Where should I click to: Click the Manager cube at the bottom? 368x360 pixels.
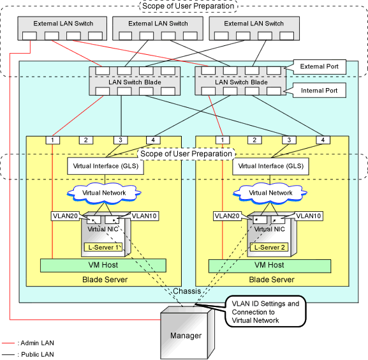point(188,333)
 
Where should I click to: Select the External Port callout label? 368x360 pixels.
point(319,66)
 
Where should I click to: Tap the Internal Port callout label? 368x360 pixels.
point(319,91)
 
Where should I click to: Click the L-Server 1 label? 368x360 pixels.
point(103,247)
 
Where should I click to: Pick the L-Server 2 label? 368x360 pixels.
point(269,247)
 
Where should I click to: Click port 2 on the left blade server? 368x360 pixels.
point(86,140)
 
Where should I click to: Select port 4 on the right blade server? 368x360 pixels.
point(323,140)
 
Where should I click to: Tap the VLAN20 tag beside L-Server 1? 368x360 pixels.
point(65,216)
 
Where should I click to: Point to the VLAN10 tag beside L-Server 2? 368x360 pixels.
point(309,216)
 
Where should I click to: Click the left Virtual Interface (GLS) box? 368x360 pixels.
point(105,166)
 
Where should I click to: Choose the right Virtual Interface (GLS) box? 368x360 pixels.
point(270,166)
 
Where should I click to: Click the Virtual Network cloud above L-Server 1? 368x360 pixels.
point(104,193)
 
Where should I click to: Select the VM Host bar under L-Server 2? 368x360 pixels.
point(270,266)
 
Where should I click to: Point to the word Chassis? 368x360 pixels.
point(187,291)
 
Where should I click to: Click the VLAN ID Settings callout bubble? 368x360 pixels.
point(265,311)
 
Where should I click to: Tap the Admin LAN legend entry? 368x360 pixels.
point(28,343)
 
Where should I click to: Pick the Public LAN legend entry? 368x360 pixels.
point(28,354)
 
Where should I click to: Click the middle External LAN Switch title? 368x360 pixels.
point(158,24)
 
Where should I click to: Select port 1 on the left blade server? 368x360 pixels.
point(52,140)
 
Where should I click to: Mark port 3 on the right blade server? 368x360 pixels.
point(289,140)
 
